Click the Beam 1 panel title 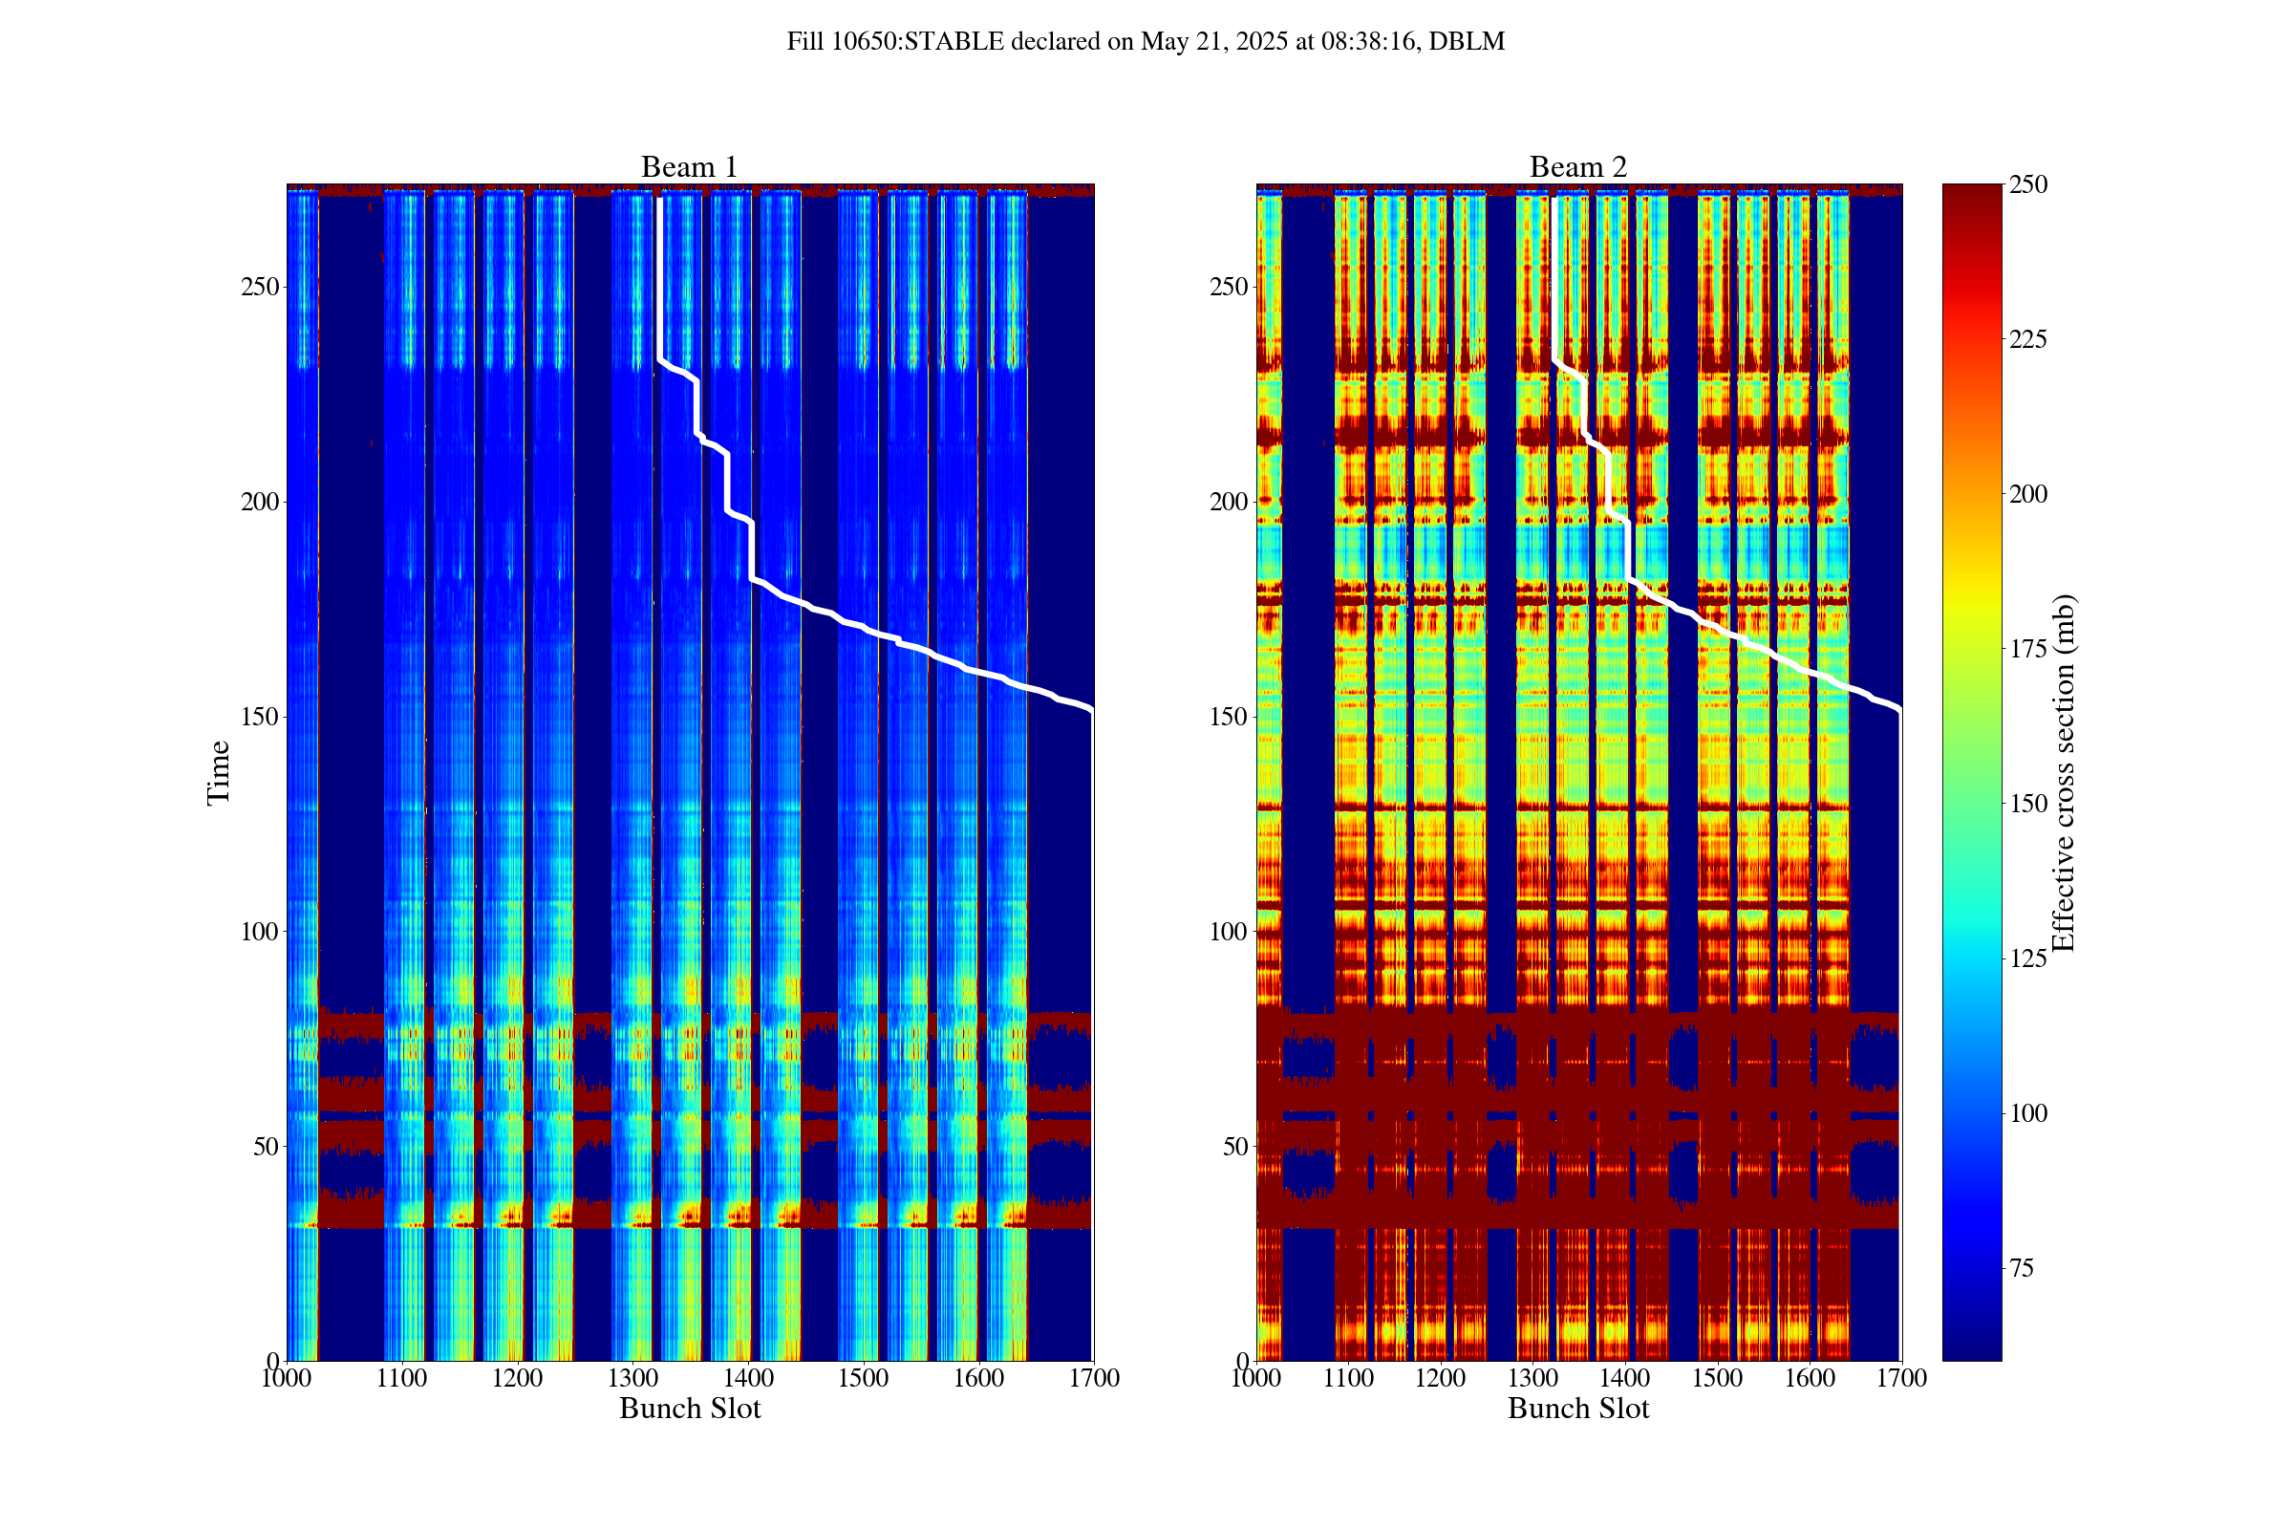point(689,168)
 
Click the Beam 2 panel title point(1577,168)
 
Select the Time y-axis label point(219,772)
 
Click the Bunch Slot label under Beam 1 point(689,1409)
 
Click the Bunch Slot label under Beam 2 point(1577,1409)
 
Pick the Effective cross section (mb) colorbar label point(2064,772)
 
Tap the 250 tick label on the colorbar point(2027,185)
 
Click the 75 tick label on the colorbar point(2022,1269)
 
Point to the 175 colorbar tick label point(2027,650)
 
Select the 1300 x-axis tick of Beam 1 point(632,1379)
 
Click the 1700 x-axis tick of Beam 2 point(1901,1379)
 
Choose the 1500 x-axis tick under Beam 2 point(1717,1379)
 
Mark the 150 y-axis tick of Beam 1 point(259,717)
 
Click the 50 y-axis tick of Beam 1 point(266,1147)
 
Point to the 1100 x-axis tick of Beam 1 point(401,1379)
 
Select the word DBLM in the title point(1468,42)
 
